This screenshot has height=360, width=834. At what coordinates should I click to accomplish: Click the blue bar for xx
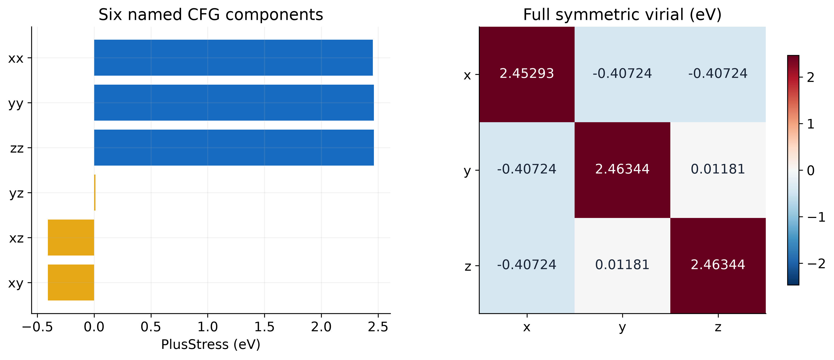[233, 58]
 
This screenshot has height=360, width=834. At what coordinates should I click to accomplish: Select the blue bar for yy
[234, 103]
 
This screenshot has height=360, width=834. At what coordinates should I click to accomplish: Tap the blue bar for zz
[234, 148]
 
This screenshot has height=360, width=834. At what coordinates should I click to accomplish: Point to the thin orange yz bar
[95, 193]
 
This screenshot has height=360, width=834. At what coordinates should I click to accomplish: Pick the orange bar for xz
[71, 238]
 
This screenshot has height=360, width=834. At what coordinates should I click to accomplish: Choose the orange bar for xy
[71, 282]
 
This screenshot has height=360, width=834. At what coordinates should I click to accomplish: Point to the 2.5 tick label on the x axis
[378, 327]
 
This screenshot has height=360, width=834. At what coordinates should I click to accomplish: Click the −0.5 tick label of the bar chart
[37, 327]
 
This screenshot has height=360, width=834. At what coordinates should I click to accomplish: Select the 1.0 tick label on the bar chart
[208, 327]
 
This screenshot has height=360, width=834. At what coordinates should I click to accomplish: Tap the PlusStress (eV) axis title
[211, 345]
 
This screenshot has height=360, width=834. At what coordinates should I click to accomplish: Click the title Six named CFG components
[211, 15]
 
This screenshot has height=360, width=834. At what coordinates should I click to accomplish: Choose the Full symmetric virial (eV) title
[622, 15]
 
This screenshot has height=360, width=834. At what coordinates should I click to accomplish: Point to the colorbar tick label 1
[811, 124]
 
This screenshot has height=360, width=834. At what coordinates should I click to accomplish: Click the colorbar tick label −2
[817, 264]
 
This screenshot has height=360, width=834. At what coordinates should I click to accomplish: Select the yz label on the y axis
[16, 193]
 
